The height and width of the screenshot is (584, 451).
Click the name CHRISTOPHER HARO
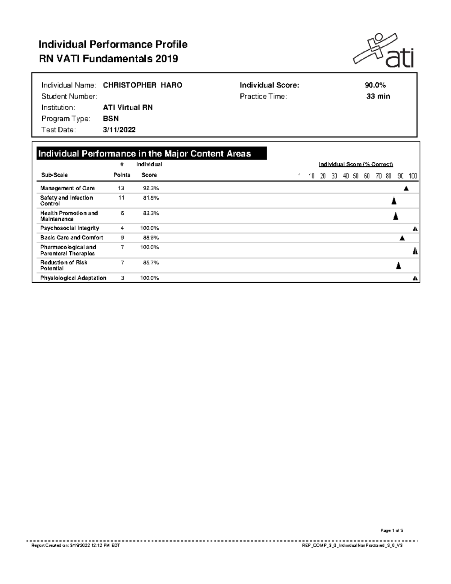coord(142,85)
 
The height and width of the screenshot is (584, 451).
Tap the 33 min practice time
coord(378,97)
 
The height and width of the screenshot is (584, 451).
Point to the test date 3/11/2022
coord(119,130)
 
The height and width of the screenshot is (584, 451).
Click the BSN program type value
coord(111,119)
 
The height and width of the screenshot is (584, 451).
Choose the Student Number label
coord(69,97)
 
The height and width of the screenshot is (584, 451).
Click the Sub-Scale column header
coord(54,175)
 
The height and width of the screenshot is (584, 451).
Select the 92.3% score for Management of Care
coord(151,188)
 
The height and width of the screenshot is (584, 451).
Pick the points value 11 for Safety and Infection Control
coord(121,198)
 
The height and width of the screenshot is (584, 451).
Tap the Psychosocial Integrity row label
coord(70,228)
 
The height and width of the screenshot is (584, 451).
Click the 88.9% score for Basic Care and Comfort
coord(151,238)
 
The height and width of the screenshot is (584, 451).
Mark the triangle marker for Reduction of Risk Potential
coord(398,266)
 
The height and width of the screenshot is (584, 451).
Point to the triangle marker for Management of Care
coord(406,188)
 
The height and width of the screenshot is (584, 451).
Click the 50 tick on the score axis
coord(356,176)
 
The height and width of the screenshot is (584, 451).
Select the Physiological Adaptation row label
coord(73,278)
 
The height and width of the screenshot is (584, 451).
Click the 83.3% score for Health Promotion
coord(151,213)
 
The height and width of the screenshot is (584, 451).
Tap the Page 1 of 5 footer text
coord(392,531)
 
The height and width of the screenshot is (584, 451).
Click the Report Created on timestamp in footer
coord(75,546)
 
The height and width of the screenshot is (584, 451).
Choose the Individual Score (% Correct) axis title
coord(356,164)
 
